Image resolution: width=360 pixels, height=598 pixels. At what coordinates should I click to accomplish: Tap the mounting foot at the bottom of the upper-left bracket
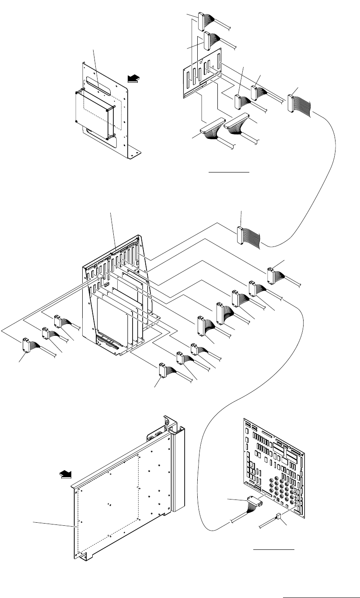click(135, 153)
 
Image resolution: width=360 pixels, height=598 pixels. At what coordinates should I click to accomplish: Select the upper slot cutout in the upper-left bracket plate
click(99, 83)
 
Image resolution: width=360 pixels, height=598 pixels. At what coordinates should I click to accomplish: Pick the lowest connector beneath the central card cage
click(163, 370)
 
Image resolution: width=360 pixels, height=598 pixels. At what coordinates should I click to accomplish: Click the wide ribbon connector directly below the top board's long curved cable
click(240, 235)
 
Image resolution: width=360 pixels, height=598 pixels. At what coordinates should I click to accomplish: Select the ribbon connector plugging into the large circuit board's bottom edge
click(255, 503)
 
